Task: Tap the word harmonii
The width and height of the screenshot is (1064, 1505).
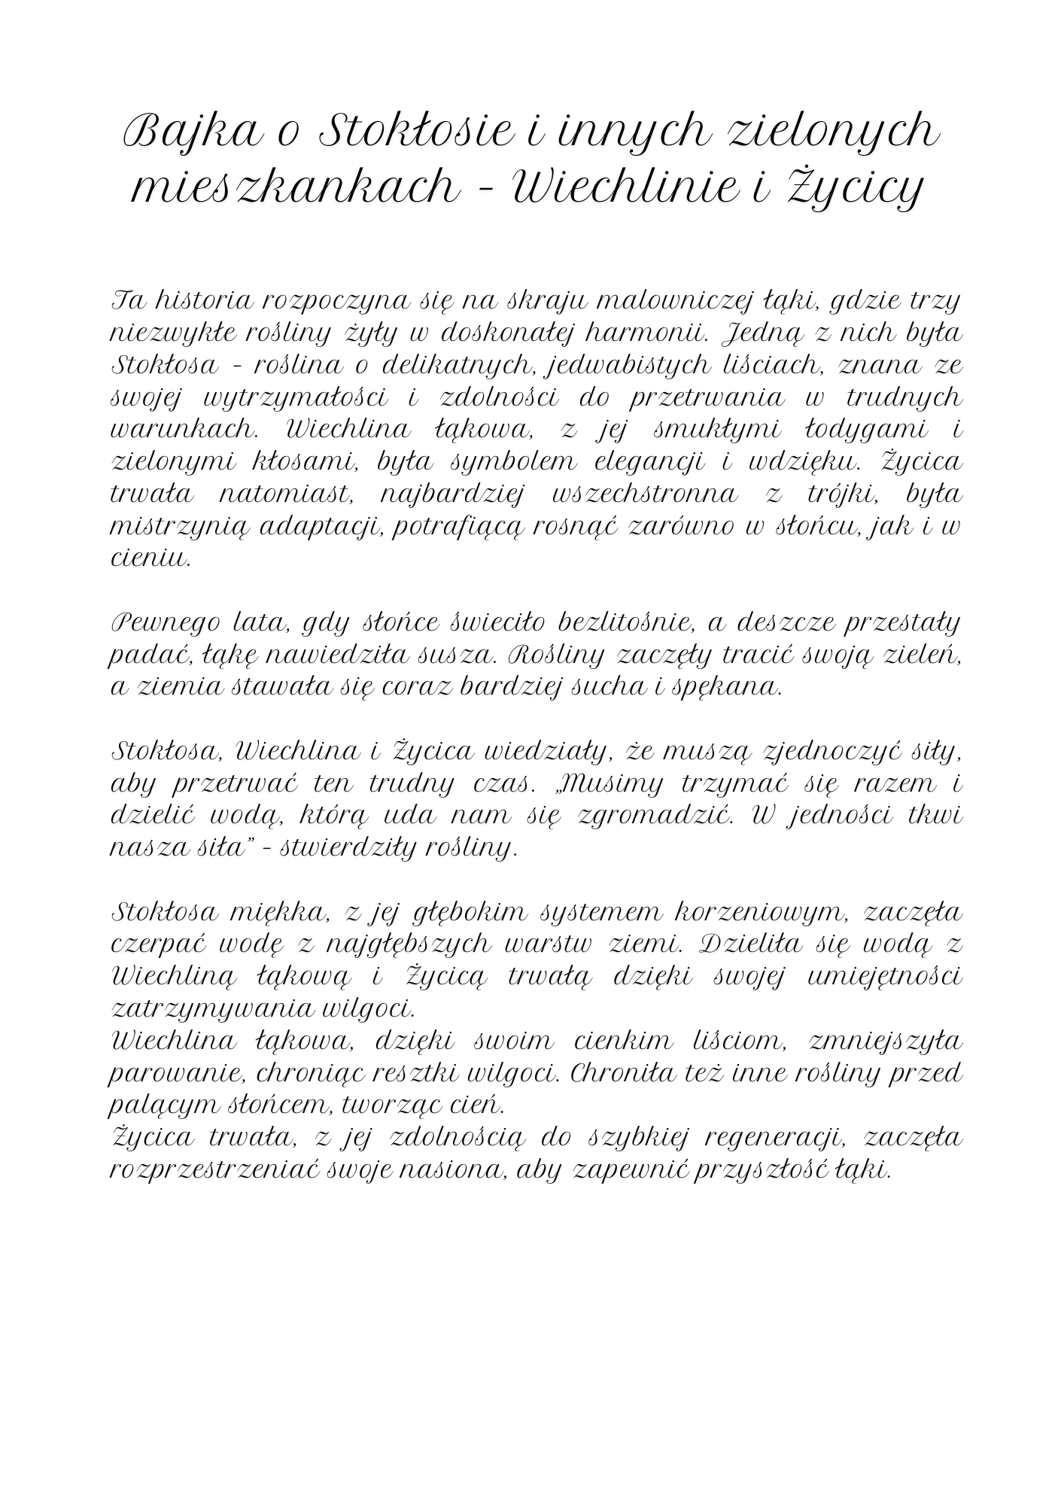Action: pyautogui.click(x=644, y=332)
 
